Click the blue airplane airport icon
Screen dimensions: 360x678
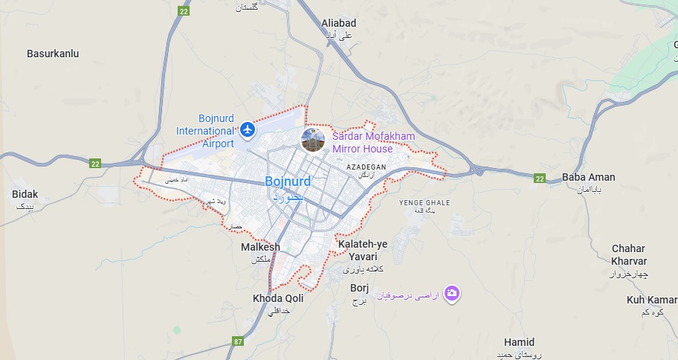point(248,131)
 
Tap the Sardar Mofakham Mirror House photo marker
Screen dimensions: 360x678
point(313,139)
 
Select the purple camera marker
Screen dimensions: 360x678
point(452,294)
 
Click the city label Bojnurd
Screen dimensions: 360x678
point(288,181)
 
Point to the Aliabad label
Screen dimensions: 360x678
point(339,23)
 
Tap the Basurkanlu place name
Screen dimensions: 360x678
point(53,54)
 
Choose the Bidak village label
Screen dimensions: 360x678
point(25,194)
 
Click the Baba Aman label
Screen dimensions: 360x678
point(589,177)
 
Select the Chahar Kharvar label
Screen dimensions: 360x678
point(629,254)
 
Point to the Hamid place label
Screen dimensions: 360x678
point(519,342)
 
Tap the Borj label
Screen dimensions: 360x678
point(360,288)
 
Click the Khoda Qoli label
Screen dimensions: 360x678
point(278,298)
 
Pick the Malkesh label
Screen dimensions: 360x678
point(260,247)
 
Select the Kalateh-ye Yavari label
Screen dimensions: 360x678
point(363,250)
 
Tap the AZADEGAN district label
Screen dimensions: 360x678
point(367,167)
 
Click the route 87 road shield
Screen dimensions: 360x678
point(238,341)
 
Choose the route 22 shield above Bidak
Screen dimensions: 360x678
point(94,163)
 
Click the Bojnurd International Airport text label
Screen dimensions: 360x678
point(205,131)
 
